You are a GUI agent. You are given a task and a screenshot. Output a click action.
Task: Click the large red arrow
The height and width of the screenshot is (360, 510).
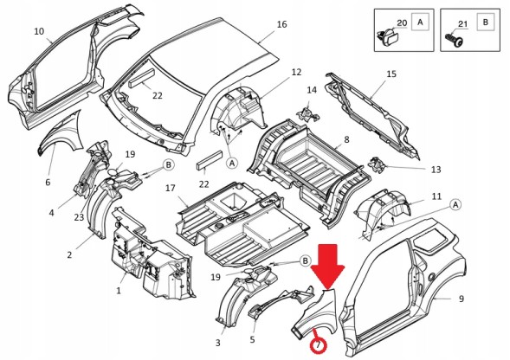click(327, 266)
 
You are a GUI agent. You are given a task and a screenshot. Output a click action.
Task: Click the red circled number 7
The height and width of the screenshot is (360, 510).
click(318, 345)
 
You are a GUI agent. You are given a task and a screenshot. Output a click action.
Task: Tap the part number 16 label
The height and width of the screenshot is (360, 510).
click(281, 24)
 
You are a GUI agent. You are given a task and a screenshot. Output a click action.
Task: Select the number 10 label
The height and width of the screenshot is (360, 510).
click(39, 31)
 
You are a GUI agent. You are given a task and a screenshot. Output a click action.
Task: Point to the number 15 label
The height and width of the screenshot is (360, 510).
click(391, 74)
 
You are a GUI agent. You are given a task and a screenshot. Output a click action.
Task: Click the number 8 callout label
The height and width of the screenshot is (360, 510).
click(346, 139)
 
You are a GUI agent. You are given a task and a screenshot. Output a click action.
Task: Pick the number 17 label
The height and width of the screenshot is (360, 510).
click(170, 188)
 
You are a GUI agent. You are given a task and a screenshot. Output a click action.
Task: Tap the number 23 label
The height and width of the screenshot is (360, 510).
click(79, 217)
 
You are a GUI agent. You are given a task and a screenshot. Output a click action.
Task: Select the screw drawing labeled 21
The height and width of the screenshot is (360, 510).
click(454, 40)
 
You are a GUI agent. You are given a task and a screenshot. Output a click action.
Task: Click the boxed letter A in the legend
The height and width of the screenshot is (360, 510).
click(420, 22)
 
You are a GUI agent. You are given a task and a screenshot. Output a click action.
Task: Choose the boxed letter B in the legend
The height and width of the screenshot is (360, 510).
click(486, 22)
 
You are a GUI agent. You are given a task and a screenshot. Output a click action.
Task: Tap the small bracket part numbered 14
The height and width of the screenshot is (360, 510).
click(307, 114)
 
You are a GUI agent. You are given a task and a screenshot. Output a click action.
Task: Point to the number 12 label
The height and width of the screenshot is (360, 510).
click(296, 72)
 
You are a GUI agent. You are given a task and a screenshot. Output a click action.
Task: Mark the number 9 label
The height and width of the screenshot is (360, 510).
click(462, 299)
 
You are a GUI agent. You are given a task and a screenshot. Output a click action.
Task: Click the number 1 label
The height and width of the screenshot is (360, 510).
click(119, 291)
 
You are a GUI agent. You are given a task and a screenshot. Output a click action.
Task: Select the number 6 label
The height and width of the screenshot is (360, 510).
click(48, 182)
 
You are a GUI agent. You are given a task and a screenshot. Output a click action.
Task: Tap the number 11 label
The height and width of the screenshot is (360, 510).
click(436, 196)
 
